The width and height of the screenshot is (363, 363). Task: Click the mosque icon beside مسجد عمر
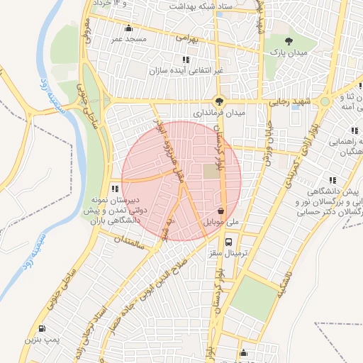click(x=128, y=28)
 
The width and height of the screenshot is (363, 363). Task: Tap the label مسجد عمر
click(x=128, y=39)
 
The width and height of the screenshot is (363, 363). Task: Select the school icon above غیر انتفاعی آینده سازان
click(x=185, y=60)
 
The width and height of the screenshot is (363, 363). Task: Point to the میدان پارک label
click(x=291, y=53)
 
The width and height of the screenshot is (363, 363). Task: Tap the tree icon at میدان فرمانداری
click(x=220, y=101)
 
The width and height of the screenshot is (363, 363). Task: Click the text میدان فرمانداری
click(x=220, y=113)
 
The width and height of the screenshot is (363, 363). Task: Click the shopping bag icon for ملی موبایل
click(x=222, y=211)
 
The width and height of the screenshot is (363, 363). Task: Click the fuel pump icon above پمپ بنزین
click(x=41, y=329)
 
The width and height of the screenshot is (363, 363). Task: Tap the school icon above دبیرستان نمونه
click(x=115, y=189)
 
